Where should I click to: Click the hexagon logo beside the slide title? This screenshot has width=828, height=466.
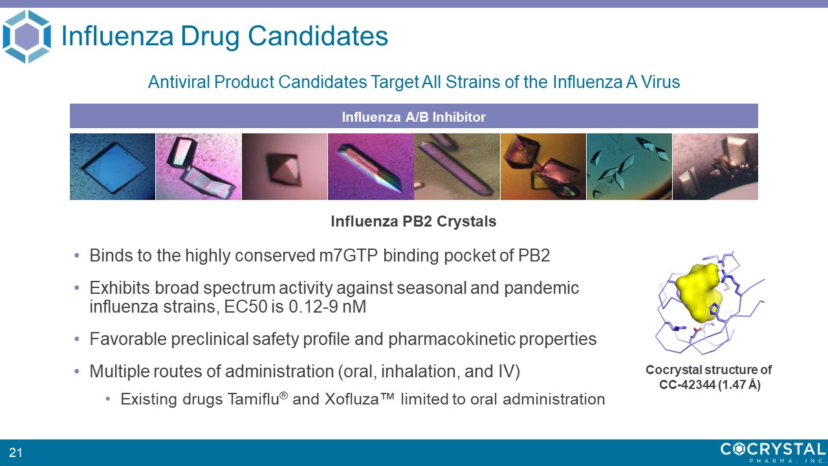pos(27,37)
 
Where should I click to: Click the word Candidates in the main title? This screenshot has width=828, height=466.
pos(318,36)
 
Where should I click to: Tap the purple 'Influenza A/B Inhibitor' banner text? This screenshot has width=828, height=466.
pos(413,117)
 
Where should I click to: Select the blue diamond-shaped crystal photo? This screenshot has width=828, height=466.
pos(113,166)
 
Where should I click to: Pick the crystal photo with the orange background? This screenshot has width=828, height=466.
pos(543,166)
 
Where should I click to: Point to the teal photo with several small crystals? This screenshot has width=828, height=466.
pos(629,166)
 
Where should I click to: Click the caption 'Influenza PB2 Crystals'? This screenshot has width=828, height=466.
pos(413,221)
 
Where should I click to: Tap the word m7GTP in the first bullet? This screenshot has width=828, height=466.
pos(348,255)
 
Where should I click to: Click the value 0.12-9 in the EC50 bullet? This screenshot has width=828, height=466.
pos(312,307)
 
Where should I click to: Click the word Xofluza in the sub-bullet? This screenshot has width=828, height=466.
pos(351,399)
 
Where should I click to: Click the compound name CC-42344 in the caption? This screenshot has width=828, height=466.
pos(688,384)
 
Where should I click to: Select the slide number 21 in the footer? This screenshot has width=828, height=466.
pos(16,452)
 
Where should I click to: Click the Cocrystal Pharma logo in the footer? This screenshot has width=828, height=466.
pos(773,452)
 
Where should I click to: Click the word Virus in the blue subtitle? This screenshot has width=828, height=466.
pos(660,82)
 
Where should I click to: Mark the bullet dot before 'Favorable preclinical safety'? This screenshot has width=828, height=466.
pos(76,338)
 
